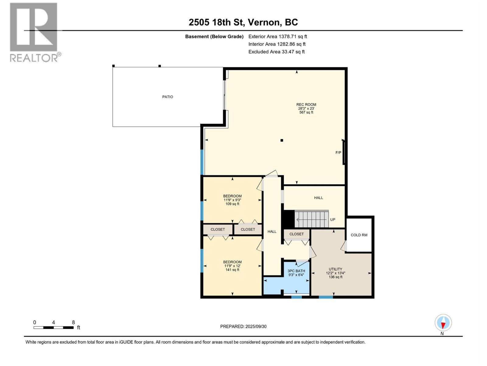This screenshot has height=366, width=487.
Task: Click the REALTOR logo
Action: (35, 32)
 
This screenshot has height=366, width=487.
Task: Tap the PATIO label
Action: (167, 97)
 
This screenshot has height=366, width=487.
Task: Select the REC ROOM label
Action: (306, 104)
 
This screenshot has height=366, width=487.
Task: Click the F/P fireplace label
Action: (338, 153)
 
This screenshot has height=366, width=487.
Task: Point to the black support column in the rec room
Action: (282, 140)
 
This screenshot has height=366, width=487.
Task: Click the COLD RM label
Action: (359, 235)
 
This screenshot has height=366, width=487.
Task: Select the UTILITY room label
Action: (335, 269)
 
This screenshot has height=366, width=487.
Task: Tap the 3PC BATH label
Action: (296, 271)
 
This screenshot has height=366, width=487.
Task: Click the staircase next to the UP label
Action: (311, 219)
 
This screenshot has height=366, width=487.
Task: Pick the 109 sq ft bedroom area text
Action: (232, 204)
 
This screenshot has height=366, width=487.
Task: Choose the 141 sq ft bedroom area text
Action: (232, 270)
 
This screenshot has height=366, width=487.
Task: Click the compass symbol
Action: (443, 323)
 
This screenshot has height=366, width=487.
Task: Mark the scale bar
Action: (54, 328)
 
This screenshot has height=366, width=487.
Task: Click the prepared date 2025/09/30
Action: (256, 326)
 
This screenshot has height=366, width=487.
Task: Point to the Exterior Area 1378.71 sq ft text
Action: (278, 36)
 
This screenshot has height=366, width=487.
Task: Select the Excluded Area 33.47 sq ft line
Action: (276, 52)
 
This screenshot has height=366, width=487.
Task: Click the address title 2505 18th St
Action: (216, 22)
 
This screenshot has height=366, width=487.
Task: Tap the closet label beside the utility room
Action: (296, 234)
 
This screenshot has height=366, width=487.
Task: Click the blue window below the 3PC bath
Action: (296, 297)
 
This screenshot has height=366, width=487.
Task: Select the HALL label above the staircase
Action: (318, 198)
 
